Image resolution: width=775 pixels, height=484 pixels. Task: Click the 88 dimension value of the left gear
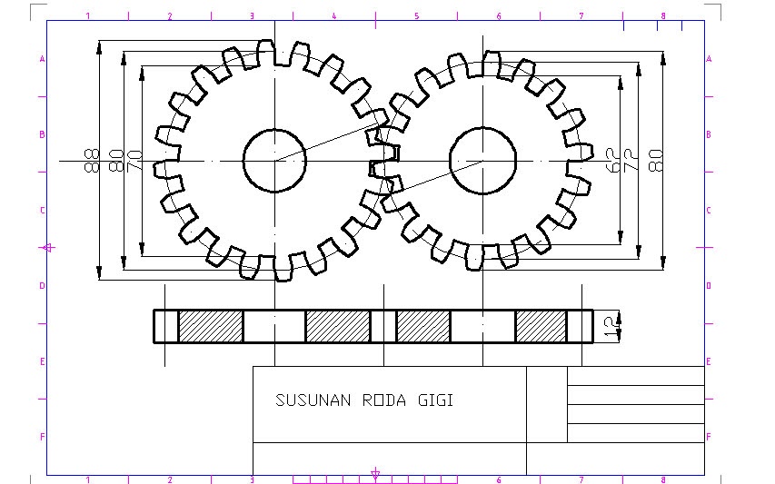click(x=91, y=161)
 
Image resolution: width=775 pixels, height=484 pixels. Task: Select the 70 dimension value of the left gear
click(x=134, y=161)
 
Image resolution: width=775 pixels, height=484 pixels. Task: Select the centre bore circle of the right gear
click(x=482, y=161)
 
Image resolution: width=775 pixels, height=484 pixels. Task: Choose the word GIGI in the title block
click(x=435, y=400)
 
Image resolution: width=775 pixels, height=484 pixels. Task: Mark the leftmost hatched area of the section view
click(x=210, y=326)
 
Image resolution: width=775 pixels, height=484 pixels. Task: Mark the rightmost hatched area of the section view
click(x=541, y=326)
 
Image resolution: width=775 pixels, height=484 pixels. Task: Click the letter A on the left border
click(x=42, y=59)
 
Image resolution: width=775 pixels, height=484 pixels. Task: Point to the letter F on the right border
click(x=709, y=437)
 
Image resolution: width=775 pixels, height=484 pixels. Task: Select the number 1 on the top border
click(x=88, y=16)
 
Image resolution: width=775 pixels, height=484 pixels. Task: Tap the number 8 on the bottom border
click(x=663, y=479)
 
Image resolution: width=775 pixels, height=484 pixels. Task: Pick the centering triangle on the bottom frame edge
click(x=375, y=473)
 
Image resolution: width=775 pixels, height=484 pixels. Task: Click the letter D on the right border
click(x=709, y=286)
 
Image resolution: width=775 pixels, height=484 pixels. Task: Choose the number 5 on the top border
click(x=416, y=16)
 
